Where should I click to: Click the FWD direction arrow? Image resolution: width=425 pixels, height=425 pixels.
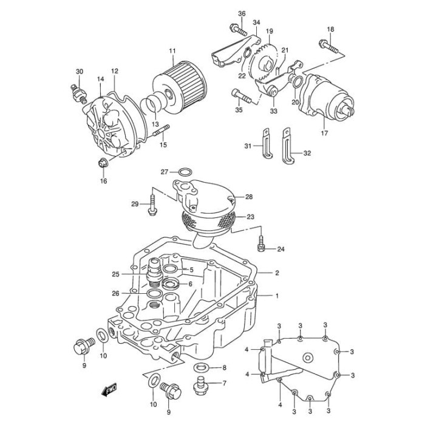click(x=109, y=390)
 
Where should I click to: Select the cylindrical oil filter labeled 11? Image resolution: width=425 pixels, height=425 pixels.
click(x=180, y=88)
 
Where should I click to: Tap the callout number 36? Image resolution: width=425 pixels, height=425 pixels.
click(x=242, y=13)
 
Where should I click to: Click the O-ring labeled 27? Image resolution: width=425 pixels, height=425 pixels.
click(x=186, y=172)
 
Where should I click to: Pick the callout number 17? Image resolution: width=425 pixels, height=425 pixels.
click(x=324, y=133)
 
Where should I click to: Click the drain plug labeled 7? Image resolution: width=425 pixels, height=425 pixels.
click(x=200, y=385)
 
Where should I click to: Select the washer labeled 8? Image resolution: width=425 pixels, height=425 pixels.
click(x=201, y=368)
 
